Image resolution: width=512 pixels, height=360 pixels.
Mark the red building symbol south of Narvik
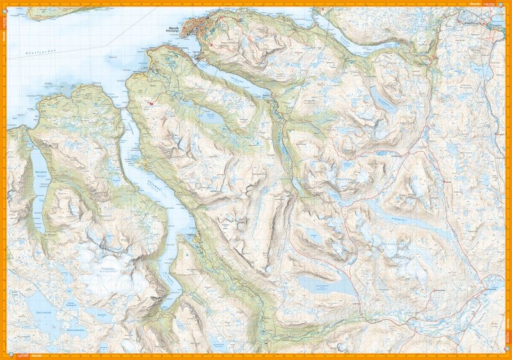(151, 102)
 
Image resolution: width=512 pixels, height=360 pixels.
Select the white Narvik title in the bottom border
(32, 354)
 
